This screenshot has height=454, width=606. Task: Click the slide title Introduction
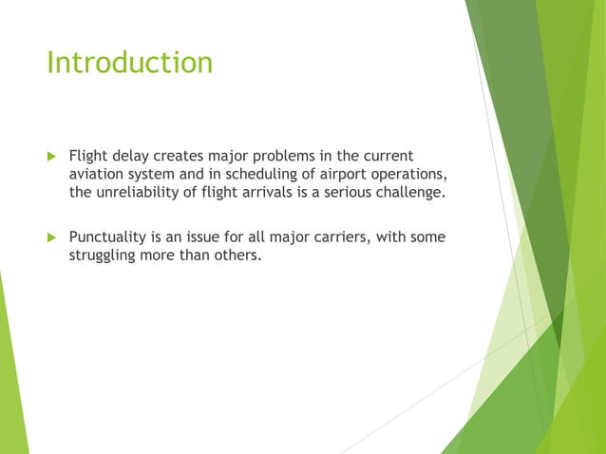(x=129, y=63)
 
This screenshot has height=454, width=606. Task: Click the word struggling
(x=106, y=256)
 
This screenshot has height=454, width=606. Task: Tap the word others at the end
(x=234, y=256)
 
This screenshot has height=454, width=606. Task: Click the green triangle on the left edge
(x=11, y=380)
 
